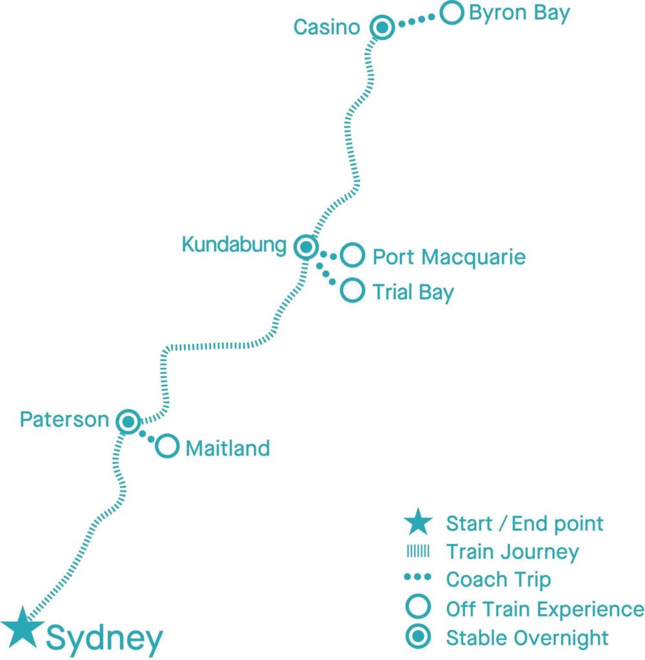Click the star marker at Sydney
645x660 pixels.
pos(23,628)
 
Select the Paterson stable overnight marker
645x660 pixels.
pos(128,422)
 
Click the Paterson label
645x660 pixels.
pos(64,420)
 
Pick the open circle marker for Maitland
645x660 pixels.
pos(167,445)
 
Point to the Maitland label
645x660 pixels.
pos(227,448)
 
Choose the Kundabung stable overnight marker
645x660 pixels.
pos(305,246)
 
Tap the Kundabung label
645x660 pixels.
pos(233,245)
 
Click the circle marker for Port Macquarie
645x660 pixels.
pos(352,255)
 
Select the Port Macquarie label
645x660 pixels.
pos(449,257)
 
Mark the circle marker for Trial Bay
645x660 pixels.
pos(352,290)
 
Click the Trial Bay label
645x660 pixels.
pos(413,292)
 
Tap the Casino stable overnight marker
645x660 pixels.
pos(382,28)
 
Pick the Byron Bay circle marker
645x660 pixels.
pos(451,12)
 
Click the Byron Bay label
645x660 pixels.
pos(519,14)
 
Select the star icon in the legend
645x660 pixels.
pos(419,522)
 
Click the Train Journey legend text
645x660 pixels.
pos(512,552)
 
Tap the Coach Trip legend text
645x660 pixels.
pos(498,579)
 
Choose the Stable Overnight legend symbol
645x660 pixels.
pos(419,637)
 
